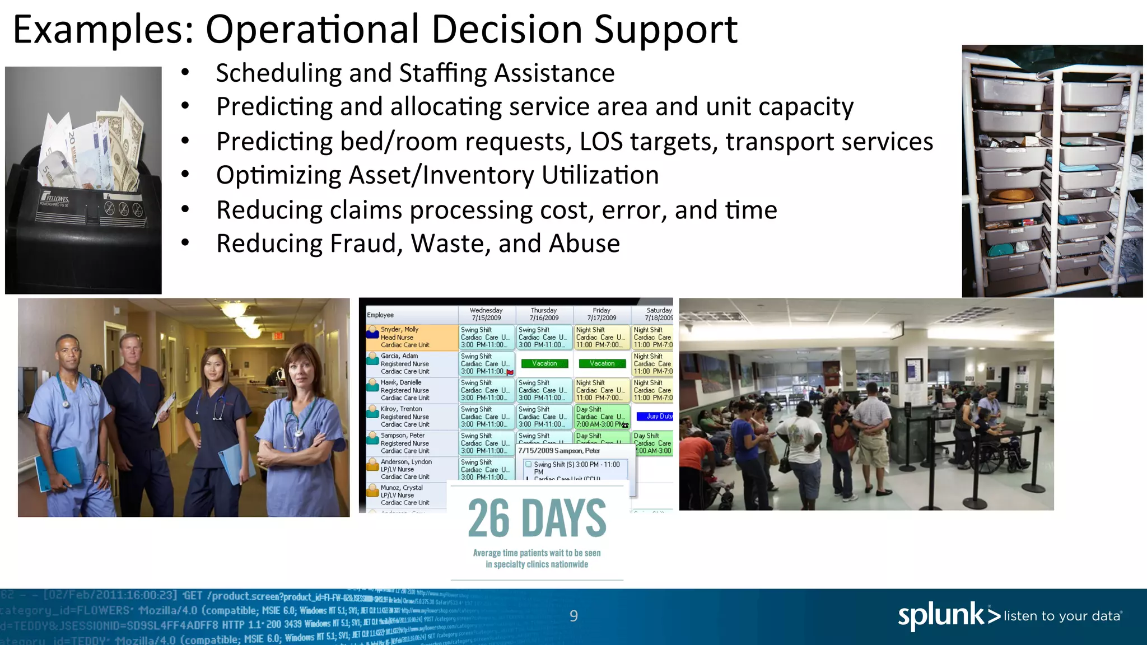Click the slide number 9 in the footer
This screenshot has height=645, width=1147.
tap(573, 616)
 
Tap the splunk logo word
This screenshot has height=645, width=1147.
tap(941, 615)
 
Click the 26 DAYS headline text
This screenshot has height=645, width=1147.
tap(537, 518)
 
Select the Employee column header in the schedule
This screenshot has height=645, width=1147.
tap(380, 315)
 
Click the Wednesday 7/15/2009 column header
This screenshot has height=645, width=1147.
tap(486, 314)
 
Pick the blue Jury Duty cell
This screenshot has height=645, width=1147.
tap(655, 417)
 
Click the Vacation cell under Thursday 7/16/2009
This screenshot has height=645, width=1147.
tap(544, 364)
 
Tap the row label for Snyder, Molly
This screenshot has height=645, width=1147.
tap(400, 330)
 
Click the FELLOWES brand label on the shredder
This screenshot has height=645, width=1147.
tap(56, 199)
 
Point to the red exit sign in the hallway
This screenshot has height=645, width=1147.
tap(278, 336)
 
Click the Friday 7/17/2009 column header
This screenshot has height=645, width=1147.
tap(602, 314)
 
